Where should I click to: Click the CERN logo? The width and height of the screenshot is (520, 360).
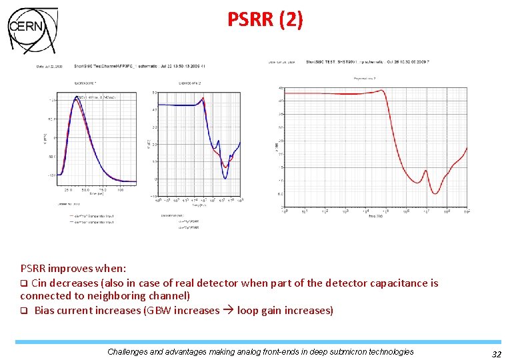coord(32,30)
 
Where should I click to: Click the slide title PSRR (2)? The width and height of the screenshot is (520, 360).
coord(265,20)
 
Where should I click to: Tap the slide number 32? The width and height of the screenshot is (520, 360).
coord(496,355)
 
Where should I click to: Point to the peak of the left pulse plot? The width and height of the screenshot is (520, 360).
coord(74,97)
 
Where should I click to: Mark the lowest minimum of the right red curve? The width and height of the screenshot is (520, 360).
coord(435,193)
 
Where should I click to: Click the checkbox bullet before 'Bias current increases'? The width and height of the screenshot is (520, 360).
coord(23,311)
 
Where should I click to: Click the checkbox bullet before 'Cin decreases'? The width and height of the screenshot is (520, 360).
coord(23,283)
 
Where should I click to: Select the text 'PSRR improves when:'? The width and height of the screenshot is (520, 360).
coord(73,269)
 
